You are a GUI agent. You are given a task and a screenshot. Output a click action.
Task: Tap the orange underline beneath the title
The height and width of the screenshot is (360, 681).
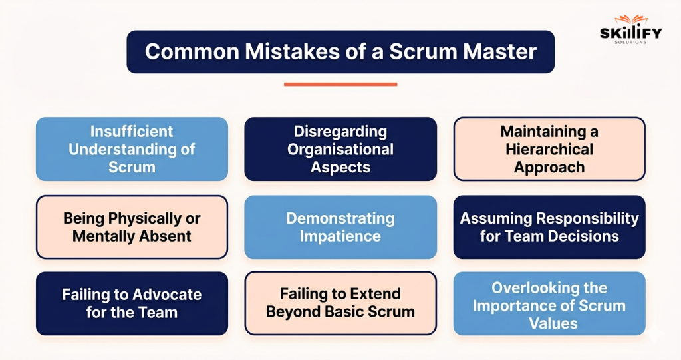pos(340,85)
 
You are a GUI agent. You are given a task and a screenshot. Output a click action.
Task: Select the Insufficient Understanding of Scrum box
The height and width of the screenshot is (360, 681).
pos(132,149)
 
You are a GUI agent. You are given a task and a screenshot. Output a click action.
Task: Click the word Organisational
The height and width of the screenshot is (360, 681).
pos(340,149)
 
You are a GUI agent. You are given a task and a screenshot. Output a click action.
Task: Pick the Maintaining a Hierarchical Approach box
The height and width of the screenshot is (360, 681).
pos(549,149)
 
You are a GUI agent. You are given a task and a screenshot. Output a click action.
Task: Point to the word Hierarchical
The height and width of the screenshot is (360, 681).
pos(549,149)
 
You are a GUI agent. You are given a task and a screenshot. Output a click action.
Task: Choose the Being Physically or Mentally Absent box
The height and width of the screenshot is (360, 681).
pos(132,227)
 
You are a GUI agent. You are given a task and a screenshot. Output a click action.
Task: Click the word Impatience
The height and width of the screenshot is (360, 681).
pos(340,236)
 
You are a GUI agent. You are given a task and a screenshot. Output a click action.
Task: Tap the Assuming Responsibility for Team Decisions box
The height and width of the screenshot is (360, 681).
pos(549,227)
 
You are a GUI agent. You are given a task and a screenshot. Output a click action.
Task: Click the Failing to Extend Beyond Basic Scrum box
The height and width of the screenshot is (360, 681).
pos(340,303)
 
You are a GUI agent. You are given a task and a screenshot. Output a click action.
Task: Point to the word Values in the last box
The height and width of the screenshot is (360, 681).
pos(549,324)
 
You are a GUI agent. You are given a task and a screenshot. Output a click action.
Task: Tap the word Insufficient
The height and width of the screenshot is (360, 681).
pos(132,131)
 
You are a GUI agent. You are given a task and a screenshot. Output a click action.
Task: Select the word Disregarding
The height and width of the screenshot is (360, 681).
pos(340,131)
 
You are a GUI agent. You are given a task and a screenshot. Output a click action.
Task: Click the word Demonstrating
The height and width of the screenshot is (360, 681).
pos(340,218)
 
